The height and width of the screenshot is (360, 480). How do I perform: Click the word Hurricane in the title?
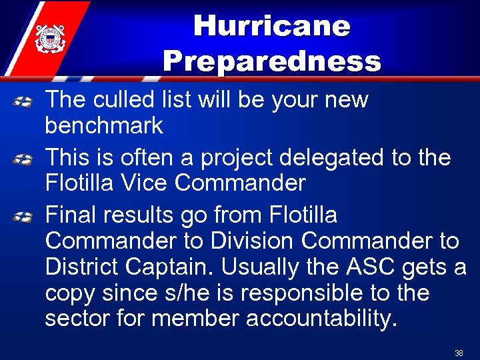tap(271, 27)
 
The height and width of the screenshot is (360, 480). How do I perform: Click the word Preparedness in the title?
tap(271, 61)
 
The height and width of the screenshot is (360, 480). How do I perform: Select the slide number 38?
tap(459, 353)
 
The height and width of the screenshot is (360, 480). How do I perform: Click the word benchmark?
tap(104, 125)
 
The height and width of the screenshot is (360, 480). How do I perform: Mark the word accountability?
tap(322, 318)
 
